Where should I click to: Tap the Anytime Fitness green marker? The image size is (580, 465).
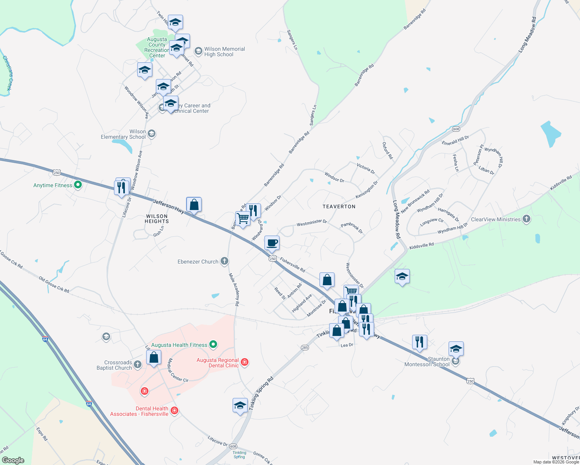tap(78, 185)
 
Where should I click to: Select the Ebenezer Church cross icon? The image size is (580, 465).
tap(224, 261)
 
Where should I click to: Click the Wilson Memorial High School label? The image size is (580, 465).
tap(224, 52)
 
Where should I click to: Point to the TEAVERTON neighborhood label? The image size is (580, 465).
tap(339, 207)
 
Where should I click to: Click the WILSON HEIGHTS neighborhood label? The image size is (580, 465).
tap(157, 219)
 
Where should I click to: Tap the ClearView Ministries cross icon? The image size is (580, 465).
tap(526, 219)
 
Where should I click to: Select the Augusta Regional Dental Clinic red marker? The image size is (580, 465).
tap(244, 362)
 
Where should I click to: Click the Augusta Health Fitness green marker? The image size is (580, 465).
tap(213, 344)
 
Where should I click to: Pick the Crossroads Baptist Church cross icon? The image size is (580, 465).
tap(137, 364)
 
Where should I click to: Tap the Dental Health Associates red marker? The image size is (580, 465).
tap(174, 410)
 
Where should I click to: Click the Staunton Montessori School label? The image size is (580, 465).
tap(427, 362)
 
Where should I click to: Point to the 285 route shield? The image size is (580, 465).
tap(305, 348)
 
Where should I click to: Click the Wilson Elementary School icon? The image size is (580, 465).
tap(152, 134)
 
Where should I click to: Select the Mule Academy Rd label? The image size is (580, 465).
tap(234, 289)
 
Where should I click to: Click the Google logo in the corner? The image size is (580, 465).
tap(13, 460)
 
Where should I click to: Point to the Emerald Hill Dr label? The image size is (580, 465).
tap(455, 140)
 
